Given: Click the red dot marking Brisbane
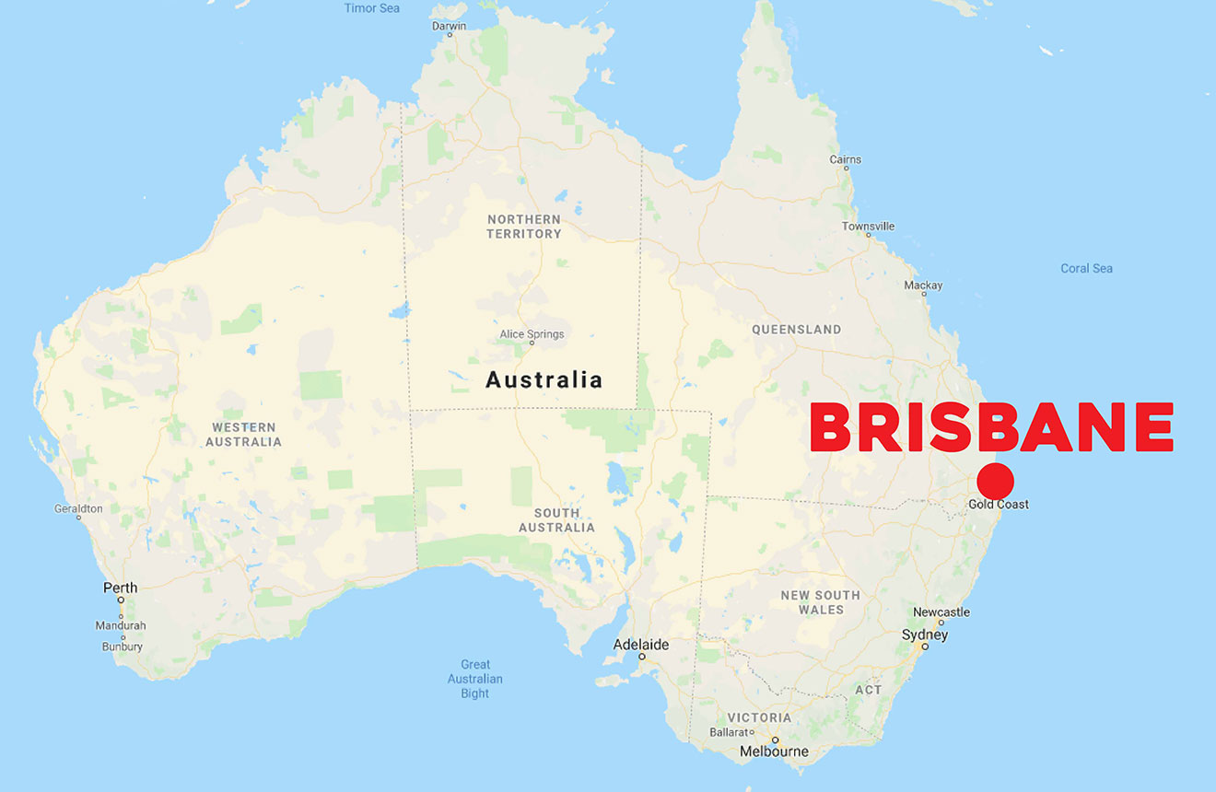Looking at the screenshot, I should [995, 482].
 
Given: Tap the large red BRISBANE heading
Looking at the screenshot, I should [991, 427].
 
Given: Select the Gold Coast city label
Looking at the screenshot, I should [999, 505].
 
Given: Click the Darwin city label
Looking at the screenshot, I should [450, 26].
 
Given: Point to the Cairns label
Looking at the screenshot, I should [845, 159].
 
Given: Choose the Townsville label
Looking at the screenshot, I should [868, 227].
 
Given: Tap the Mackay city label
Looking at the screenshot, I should [923, 285].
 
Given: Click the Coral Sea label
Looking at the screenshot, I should [1086, 269].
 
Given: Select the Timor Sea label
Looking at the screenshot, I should [371, 8].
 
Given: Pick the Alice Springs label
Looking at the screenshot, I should [532, 334].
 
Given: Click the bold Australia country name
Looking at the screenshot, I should [544, 379].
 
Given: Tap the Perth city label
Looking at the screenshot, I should [120, 588].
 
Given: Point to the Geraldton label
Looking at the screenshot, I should [78, 508].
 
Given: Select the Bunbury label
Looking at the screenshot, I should [122, 646].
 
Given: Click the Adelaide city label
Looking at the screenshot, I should [641, 645].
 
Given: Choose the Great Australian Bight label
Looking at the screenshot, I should [475, 679].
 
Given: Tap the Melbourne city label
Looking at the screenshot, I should [774, 751].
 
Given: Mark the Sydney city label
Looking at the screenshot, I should [925, 635].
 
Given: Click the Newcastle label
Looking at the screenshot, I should [941, 612].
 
